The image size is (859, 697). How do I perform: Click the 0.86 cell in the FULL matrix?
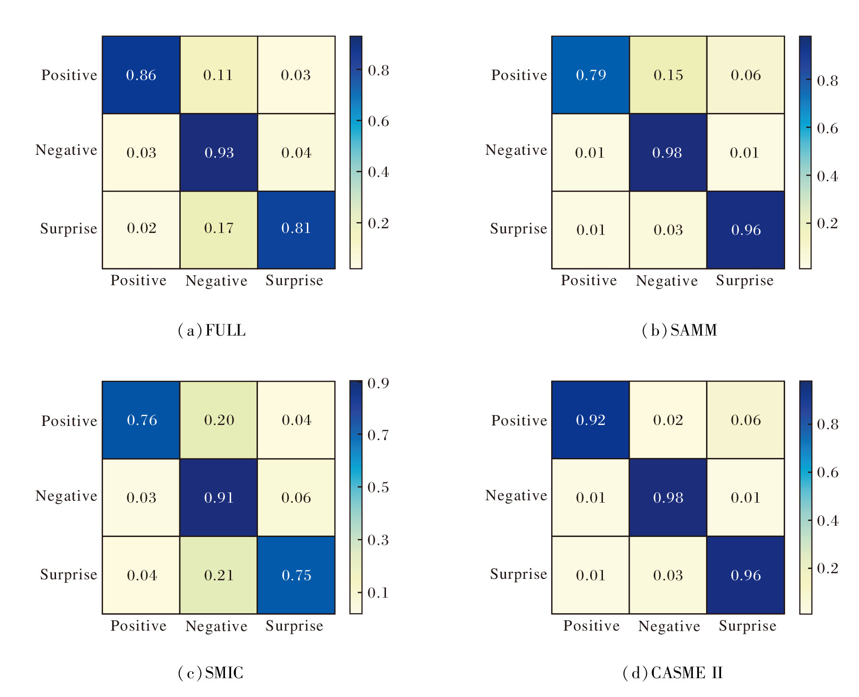coord(141,75)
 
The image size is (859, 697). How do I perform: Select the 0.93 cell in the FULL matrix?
coord(219,152)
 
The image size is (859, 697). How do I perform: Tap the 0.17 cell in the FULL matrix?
coord(219,229)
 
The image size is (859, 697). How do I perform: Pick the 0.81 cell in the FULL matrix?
coord(296,229)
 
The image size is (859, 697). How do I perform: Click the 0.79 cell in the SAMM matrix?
coord(591,75)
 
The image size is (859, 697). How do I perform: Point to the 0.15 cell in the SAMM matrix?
coord(668,75)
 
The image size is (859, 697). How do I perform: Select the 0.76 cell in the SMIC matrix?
coord(141,420)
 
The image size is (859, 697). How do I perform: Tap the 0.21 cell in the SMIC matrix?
coord(219,575)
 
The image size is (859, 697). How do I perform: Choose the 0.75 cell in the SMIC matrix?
coord(296,575)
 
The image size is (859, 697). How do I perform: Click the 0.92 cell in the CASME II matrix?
coord(591,420)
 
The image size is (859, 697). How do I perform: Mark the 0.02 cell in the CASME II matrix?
coord(668,420)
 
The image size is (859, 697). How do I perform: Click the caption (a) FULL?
coord(212,330)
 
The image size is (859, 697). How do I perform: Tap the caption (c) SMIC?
coord(210,673)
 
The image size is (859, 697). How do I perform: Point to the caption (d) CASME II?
coord(673,673)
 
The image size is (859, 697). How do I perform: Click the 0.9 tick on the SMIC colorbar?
coord(378,383)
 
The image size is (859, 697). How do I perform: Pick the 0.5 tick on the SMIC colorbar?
coord(378,487)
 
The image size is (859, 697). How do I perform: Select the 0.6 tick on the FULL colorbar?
coord(378,121)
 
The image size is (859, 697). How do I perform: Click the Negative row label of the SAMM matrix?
coord(516,150)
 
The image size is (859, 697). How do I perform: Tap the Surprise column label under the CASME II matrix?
coord(747,626)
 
